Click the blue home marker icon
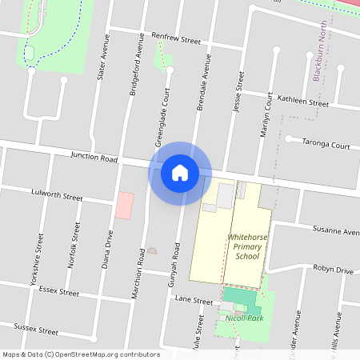(180, 172)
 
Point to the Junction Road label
(94, 158)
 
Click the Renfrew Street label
(175, 38)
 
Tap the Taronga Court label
(326, 146)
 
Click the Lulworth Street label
(57, 194)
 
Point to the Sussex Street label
(37, 329)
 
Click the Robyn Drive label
(333, 270)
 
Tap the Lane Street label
(194, 301)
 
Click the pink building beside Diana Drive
(124, 205)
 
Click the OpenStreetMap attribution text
(81, 354)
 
